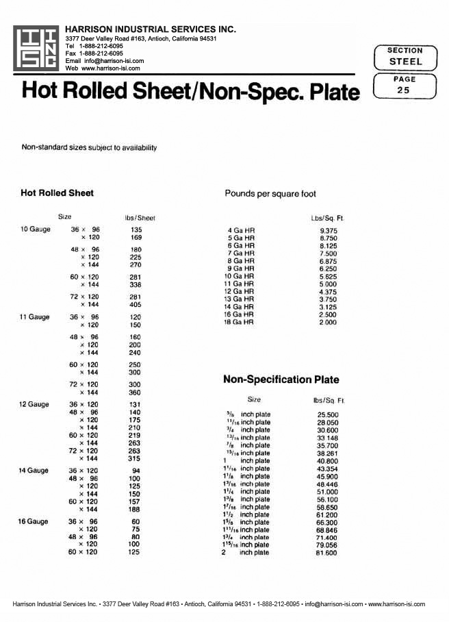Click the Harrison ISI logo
coord(36,48)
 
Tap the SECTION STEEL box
coord(405,56)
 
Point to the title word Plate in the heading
coord(325,91)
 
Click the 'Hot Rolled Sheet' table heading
coord(57,193)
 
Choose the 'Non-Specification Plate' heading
coord(281,380)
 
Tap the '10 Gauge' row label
coord(36,229)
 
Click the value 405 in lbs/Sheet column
coord(136,304)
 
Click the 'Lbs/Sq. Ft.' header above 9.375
coord(327,218)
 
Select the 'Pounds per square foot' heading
coord(270,194)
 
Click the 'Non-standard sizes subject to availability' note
coord(90,147)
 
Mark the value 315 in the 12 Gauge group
coord(136,458)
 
